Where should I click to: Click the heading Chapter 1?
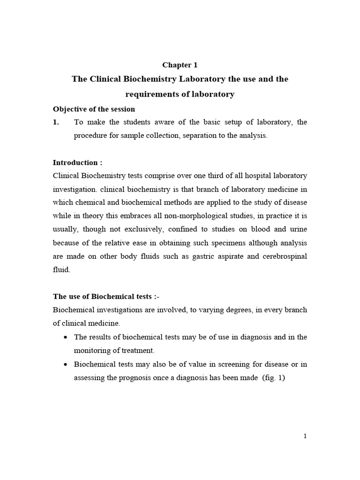point(180,65)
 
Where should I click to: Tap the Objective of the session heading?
point(94,109)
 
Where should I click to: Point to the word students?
point(129,122)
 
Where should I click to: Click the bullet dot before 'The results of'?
point(64,337)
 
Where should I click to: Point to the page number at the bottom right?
point(305,436)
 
